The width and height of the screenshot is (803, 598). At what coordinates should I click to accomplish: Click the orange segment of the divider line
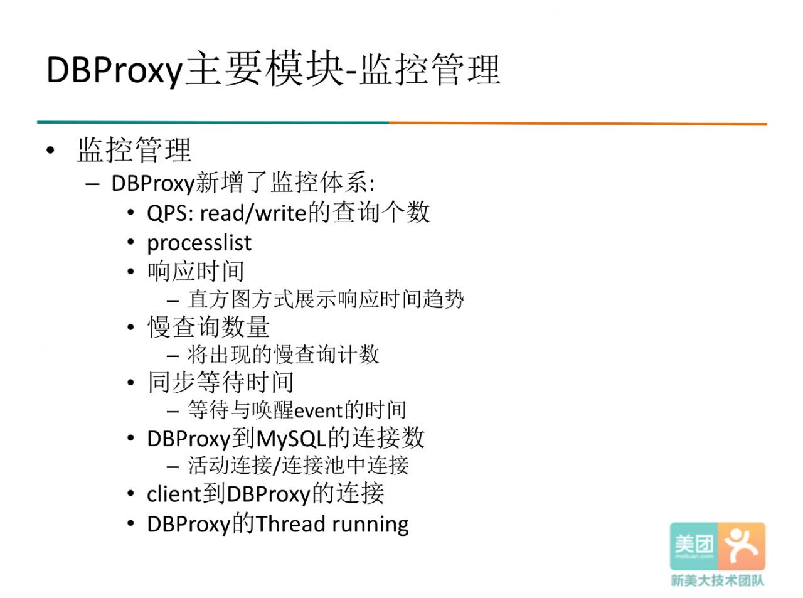[578, 124]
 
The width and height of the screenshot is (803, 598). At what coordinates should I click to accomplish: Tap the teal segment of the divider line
[213, 122]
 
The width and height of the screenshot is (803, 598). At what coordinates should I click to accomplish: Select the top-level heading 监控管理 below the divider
[134, 149]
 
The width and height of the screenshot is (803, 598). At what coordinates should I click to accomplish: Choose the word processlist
[199, 243]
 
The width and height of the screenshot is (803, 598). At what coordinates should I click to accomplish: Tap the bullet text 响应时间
[196, 271]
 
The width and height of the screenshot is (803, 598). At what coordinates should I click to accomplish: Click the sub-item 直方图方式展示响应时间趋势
[326, 299]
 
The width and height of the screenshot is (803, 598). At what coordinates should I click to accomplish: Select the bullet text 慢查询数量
[208, 327]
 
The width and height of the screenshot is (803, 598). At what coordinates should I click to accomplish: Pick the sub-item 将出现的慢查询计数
[283, 355]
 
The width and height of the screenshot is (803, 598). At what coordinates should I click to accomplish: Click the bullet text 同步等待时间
[220, 382]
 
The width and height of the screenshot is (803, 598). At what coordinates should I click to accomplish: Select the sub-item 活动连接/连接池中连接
[299, 465]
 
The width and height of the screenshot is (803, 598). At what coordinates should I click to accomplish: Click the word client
[174, 494]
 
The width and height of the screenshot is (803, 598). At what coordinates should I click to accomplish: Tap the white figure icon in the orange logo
[741, 546]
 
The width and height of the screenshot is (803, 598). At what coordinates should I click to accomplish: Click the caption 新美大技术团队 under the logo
[718, 580]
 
